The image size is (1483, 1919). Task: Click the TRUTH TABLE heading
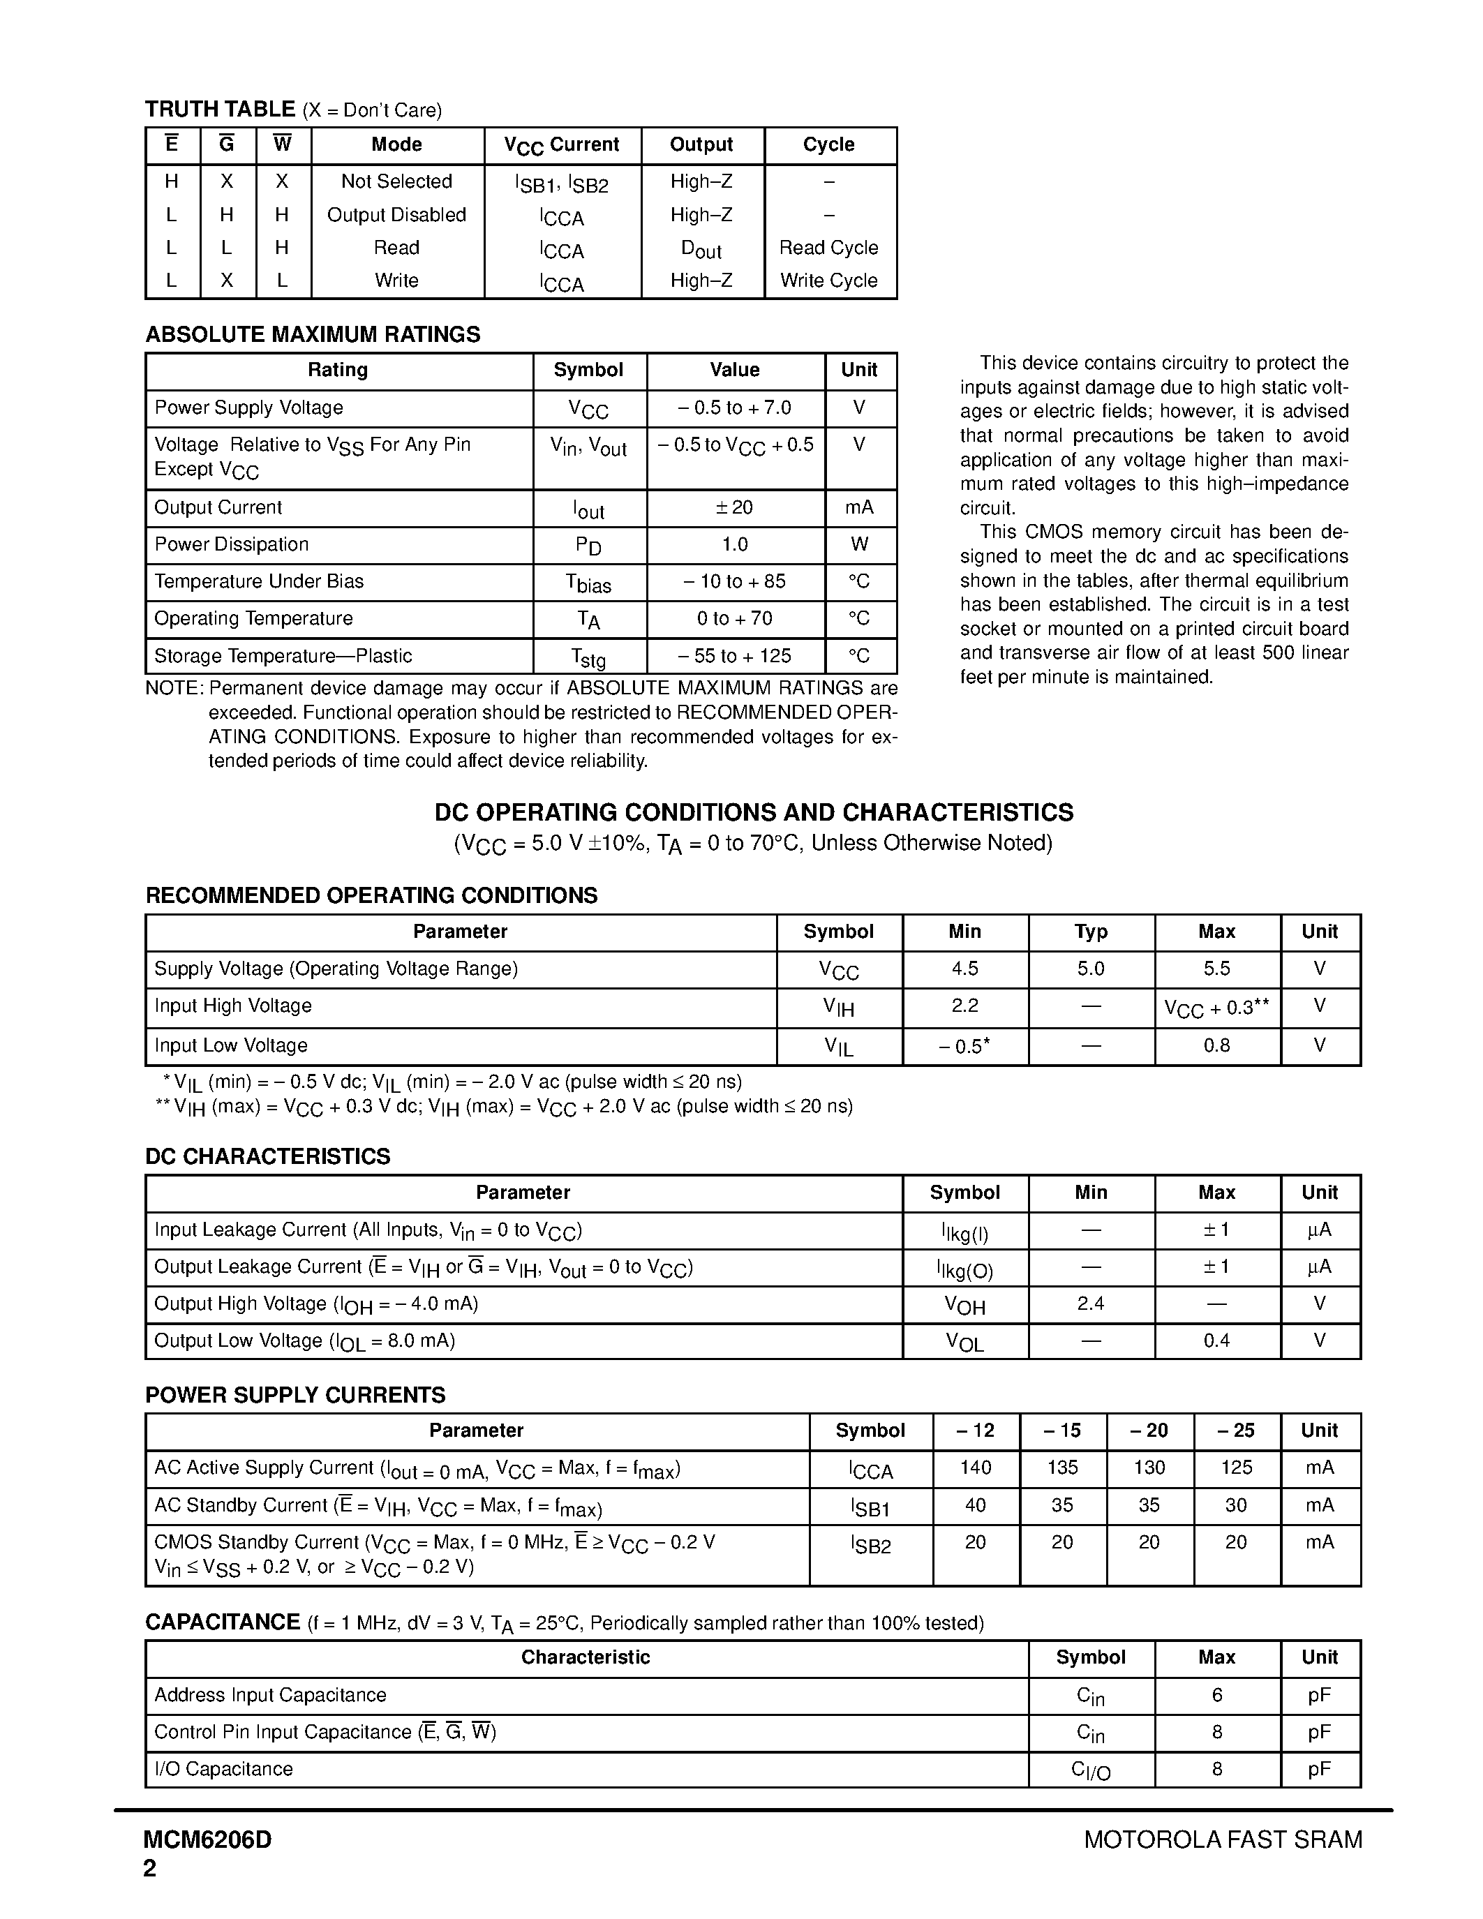(x=220, y=109)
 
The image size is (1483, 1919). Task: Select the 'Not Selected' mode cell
(x=396, y=181)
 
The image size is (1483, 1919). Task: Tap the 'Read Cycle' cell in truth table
(x=828, y=248)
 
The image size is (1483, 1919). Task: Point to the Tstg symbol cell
(x=588, y=657)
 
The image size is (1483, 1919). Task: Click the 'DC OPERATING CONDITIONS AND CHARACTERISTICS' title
(x=754, y=812)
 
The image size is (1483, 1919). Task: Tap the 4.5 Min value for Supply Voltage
(x=964, y=969)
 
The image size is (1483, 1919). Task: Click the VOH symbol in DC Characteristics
(x=964, y=1305)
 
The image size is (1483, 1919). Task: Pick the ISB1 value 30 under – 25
(x=1235, y=1505)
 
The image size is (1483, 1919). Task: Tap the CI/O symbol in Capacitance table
(x=1090, y=1770)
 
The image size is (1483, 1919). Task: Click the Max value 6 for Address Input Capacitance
(x=1217, y=1695)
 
